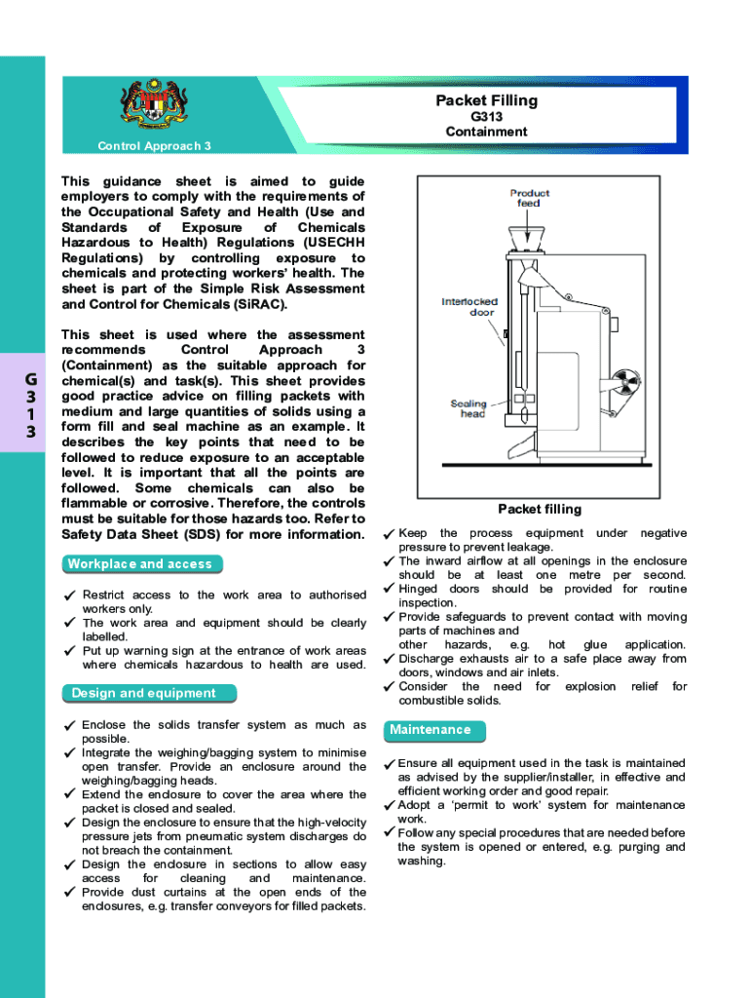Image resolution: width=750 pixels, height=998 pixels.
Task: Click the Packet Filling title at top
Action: pyautogui.click(x=486, y=100)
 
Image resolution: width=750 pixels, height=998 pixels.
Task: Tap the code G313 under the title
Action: pyautogui.click(x=486, y=117)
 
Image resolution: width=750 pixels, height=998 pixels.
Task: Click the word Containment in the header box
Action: pyautogui.click(x=486, y=132)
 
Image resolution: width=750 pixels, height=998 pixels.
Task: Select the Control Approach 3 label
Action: pyautogui.click(x=155, y=146)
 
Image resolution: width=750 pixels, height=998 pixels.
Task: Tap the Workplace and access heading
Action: pyautogui.click(x=139, y=564)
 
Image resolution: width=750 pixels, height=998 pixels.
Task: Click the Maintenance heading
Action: pyautogui.click(x=430, y=730)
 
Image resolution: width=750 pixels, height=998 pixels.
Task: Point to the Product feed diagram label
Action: pyautogui.click(x=529, y=198)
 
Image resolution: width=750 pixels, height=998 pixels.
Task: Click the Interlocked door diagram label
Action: pyautogui.click(x=469, y=307)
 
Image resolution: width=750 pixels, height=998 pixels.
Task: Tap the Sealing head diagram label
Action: pyautogui.click(x=468, y=408)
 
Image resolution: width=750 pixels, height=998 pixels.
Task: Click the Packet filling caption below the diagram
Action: pyautogui.click(x=539, y=509)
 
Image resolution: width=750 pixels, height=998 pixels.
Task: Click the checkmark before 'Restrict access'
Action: pyautogui.click(x=69, y=595)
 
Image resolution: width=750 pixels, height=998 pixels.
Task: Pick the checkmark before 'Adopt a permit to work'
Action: pyautogui.click(x=389, y=805)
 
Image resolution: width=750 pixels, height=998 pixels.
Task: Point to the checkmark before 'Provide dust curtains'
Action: pyautogui.click(x=69, y=893)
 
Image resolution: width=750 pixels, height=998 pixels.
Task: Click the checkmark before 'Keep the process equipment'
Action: pyautogui.click(x=389, y=534)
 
